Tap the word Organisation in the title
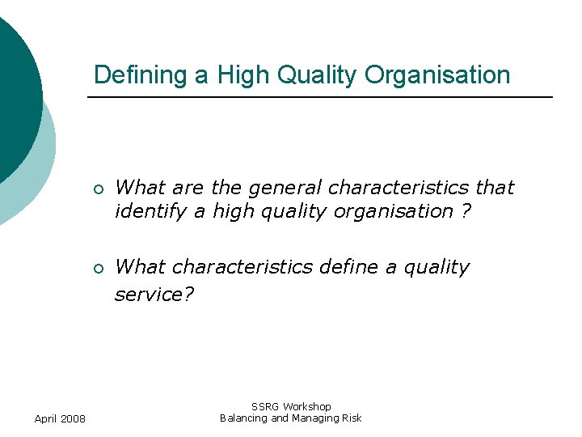[x=437, y=75]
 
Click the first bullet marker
[x=98, y=189]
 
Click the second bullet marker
[x=98, y=269]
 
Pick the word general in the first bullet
[x=280, y=188]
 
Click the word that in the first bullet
[x=494, y=188]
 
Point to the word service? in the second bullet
[x=154, y=295]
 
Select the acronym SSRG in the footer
[x=265, y=406]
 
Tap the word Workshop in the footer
[x=306, y=406]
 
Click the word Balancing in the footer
[x=242, y=418]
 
